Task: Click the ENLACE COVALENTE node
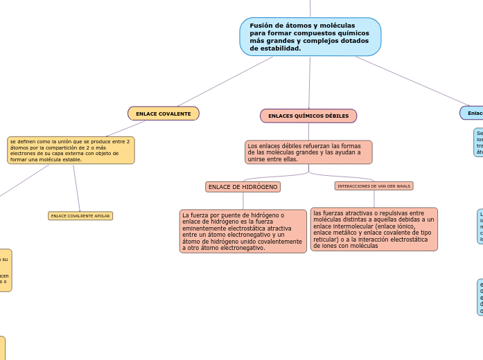(164, 113)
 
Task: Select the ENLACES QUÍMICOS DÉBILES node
(308, 116)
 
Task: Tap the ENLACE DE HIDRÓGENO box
(243, 187)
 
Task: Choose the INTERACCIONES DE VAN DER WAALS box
(374, 186)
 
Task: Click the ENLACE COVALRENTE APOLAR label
(80, 216)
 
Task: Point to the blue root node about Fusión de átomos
(310, 37)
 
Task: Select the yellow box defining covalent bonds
(71, 150)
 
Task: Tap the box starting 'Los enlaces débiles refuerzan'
(308, 152)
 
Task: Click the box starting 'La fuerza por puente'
(243, 231)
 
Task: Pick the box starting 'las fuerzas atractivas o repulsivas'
(374, 228)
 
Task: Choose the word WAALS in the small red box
(403, 186)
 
